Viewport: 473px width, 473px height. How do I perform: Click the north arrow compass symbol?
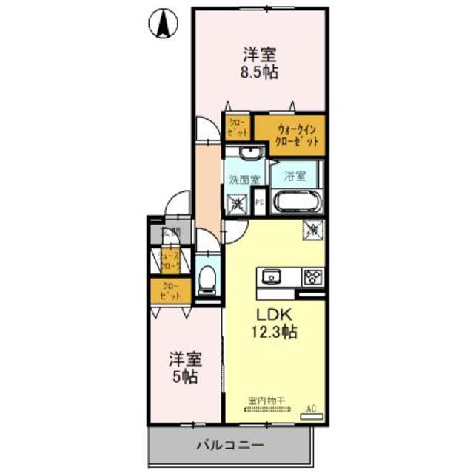pyautogui.click(x=163, y=25)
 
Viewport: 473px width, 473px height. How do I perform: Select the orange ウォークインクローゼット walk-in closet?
pyautogui.click(x=296, y=135)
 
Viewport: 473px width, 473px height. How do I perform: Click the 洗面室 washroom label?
pyautogui.click(x=244, y=179)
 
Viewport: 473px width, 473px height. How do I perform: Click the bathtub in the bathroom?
pyautogui.click(x=295, y=202)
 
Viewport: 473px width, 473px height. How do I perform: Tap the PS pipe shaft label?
pyautogui.click(x=259, y=201)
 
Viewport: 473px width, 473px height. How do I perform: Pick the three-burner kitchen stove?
pyautogui.click(x=312, y=277)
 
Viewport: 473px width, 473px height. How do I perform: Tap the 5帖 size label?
pyautogui.click(x=184, y=376)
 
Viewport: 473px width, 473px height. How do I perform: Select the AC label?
pyautogui.click(x=312, y=408)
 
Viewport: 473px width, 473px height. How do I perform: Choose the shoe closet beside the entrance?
pyautogui.click(x=170, y=261)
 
